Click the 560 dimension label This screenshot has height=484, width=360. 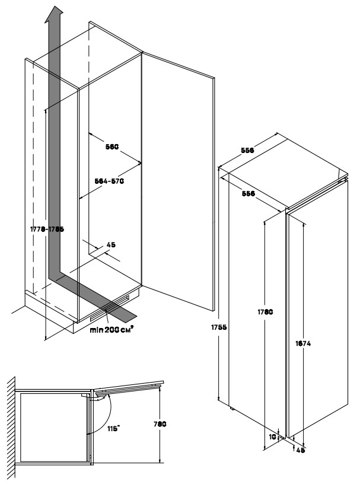113,146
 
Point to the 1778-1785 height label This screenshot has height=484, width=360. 46,228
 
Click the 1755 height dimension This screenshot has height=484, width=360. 220,327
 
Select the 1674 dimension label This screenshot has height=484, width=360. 303,343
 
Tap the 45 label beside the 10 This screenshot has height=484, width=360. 300,450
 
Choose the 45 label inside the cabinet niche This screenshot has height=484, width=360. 110,244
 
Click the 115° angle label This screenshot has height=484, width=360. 108,426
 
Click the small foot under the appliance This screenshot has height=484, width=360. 232,407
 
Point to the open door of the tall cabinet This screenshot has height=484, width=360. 178,178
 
